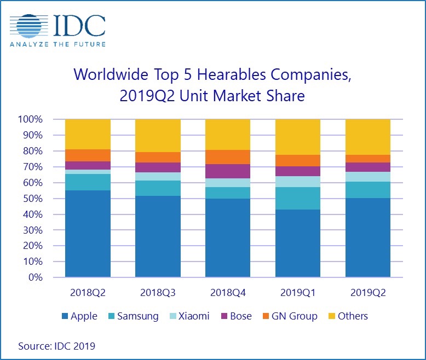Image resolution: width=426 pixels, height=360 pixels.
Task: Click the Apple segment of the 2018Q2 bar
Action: pos(88,234)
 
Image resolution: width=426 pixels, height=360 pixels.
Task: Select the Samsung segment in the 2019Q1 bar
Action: pos(297,198)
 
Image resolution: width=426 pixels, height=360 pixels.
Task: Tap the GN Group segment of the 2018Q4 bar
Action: pos(227,157)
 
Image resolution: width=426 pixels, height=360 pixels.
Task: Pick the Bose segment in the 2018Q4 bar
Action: pos(227,171)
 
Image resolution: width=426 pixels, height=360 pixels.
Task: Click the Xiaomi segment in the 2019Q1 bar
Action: pos(297,181)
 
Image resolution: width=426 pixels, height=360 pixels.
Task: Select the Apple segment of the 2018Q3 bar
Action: pos(158,236)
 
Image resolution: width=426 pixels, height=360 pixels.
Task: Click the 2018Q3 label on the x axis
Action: pos(158,293)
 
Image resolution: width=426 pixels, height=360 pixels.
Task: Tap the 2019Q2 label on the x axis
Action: pos(367,293)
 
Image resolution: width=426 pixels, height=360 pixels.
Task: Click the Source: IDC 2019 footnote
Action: pos(57,346)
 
